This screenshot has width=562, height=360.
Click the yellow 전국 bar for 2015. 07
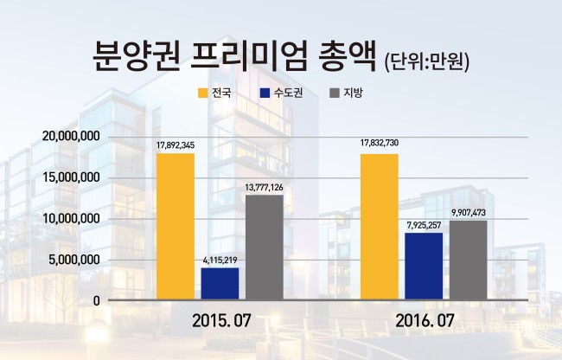click(x=176, y=226)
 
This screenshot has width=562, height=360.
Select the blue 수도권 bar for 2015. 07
click(x=220, y=284)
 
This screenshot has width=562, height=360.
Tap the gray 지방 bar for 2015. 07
click(x=265, y=247)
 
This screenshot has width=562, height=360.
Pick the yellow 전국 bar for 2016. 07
click(x=380, y=227)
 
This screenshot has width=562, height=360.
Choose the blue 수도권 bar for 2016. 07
click(x=424, y=266)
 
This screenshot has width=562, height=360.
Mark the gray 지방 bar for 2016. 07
click(x=469, y=260)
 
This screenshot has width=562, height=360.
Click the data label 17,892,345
click(x=176, y=145)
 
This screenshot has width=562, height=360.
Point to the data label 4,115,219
click(x=220, y=260)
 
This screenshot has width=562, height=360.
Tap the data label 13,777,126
click(x=265, y=188)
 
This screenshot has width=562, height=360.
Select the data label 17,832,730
click(x=380, y=144)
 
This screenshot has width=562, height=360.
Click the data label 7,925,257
click(x=424, y=226)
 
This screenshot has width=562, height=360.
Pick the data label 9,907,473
click(x=469, y=213)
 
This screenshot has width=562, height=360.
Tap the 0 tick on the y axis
click(x=97, y=301)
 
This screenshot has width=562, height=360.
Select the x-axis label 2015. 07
click(x=221, y=320)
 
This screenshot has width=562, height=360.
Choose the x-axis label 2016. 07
click(x=425, y=320)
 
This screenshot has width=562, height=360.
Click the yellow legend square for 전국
click(x=203, y=93)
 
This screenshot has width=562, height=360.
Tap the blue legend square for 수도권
click(x=265, y=93)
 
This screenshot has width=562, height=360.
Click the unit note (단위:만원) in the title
click(x=426, y=62)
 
